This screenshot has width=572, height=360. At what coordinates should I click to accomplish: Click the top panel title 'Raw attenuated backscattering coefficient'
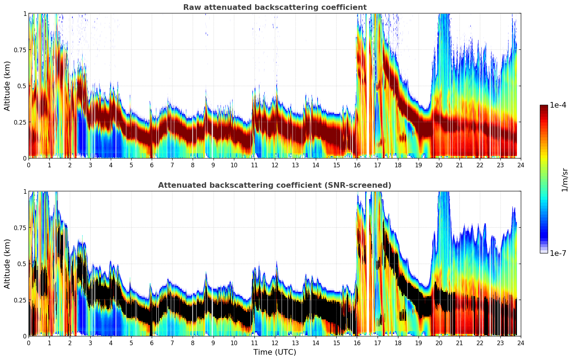pyautogui.click(x=275, y=7)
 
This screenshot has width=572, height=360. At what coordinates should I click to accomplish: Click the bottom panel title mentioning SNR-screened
pyautogui.click(x=275, y=185)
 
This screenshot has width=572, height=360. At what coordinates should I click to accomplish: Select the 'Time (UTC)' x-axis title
pyautogui.click(x=275, y=352)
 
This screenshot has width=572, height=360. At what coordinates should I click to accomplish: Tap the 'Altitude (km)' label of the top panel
pyautogui.click(x=7, y=86)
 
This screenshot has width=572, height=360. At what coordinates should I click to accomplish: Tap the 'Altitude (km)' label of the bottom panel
pyautogui.click(x=7, y=264)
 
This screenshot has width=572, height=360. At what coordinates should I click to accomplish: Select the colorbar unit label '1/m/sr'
pyautogui.click(x=565, y=180)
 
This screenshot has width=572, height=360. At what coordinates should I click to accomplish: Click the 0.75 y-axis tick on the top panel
pyautogui.click(x=20, y=50)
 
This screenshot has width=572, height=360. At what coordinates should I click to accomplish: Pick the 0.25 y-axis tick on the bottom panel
pyautogui.click(x=20, y=300)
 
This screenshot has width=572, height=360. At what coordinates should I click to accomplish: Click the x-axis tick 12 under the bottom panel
pyautogui.click(x=275, y=343)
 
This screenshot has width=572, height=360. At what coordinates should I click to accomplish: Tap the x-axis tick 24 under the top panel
pyautogui.click(x=521, y=165)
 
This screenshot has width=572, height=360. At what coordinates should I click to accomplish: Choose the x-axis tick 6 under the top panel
pyautogui.click(x=152, y=165)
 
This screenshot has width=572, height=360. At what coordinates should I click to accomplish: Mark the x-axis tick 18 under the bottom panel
pyautogui.click(x=398, y=343)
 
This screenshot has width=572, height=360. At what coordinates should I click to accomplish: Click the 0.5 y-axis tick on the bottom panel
pyautogui.click(x=22, y=264)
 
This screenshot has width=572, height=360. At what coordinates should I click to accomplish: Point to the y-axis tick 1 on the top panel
pyautogui.click(x=25, y=13)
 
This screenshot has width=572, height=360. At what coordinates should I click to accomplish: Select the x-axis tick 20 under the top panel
pyautogui.click(x=439, y=165)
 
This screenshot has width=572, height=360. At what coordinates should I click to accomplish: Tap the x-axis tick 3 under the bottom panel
pyautogui.click(x=90, y=343)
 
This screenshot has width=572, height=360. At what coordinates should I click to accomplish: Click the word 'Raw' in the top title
pyautogui.click(x=191, y=7)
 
